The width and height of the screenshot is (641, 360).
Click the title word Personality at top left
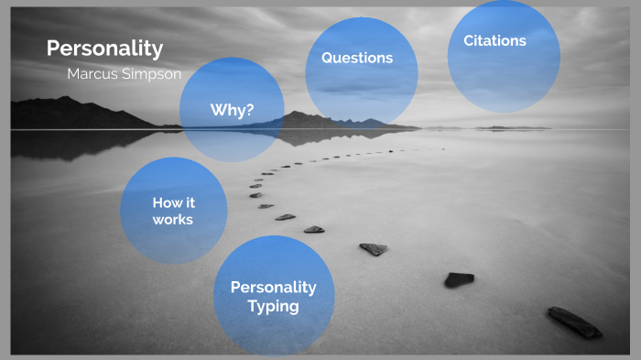(x=104, y=48)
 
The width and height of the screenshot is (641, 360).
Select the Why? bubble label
(x=232, y=110)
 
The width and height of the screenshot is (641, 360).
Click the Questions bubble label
(x=356, y=58)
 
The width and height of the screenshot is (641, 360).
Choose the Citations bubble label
(x=494, y=40)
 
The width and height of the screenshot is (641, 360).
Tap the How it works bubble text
(x=173, y=211)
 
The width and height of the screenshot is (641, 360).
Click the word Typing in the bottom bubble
(x=273, y=306)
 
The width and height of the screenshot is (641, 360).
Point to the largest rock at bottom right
(x=574, y=322)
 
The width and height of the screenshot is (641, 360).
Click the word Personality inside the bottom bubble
(x=273, y=287)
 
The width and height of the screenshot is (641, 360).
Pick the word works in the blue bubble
(x=173, y=220)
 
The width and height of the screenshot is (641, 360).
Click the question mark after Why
(x=249, y=110)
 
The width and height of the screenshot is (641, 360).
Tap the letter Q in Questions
(x=327, y=58)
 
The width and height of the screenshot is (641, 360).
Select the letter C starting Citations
(x=469, y=40)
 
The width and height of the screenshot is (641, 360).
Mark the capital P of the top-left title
(x=52, y=48)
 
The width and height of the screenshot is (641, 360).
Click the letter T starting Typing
(x=252, y=306)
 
